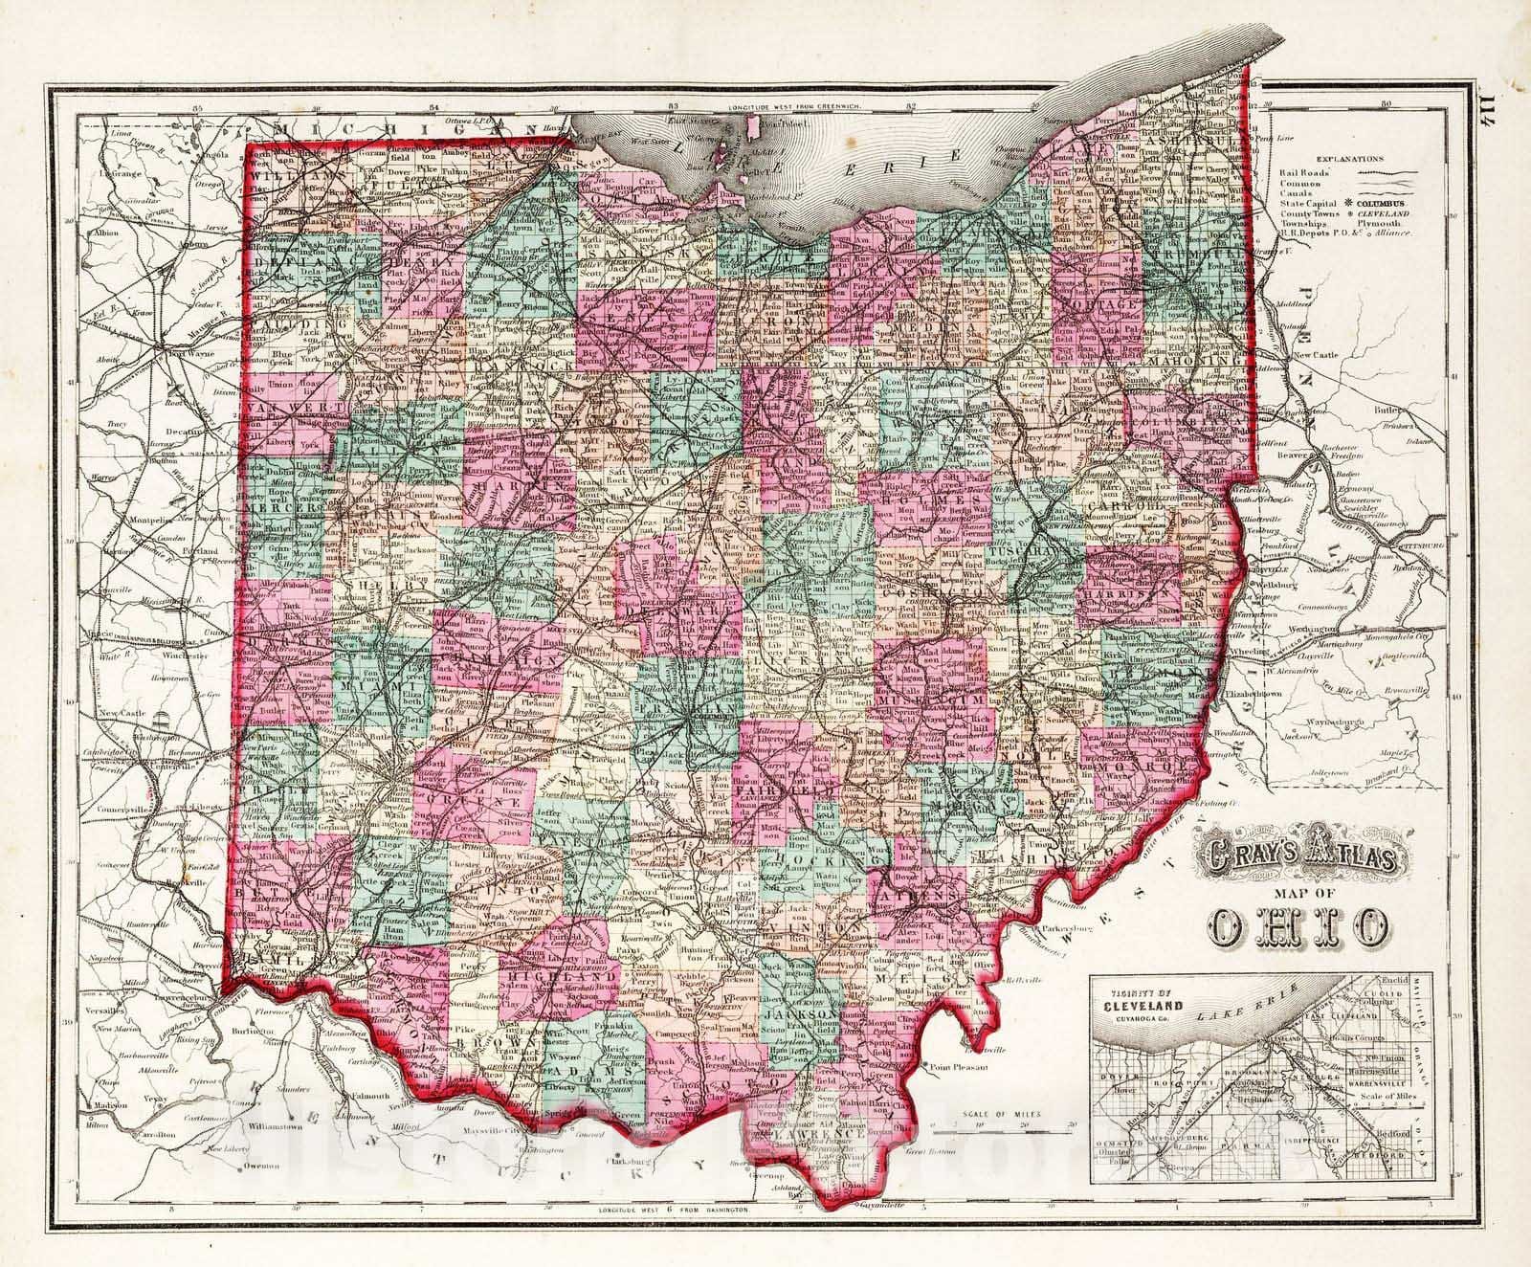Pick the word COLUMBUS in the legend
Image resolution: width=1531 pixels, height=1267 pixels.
click(x=1379, y=205)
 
